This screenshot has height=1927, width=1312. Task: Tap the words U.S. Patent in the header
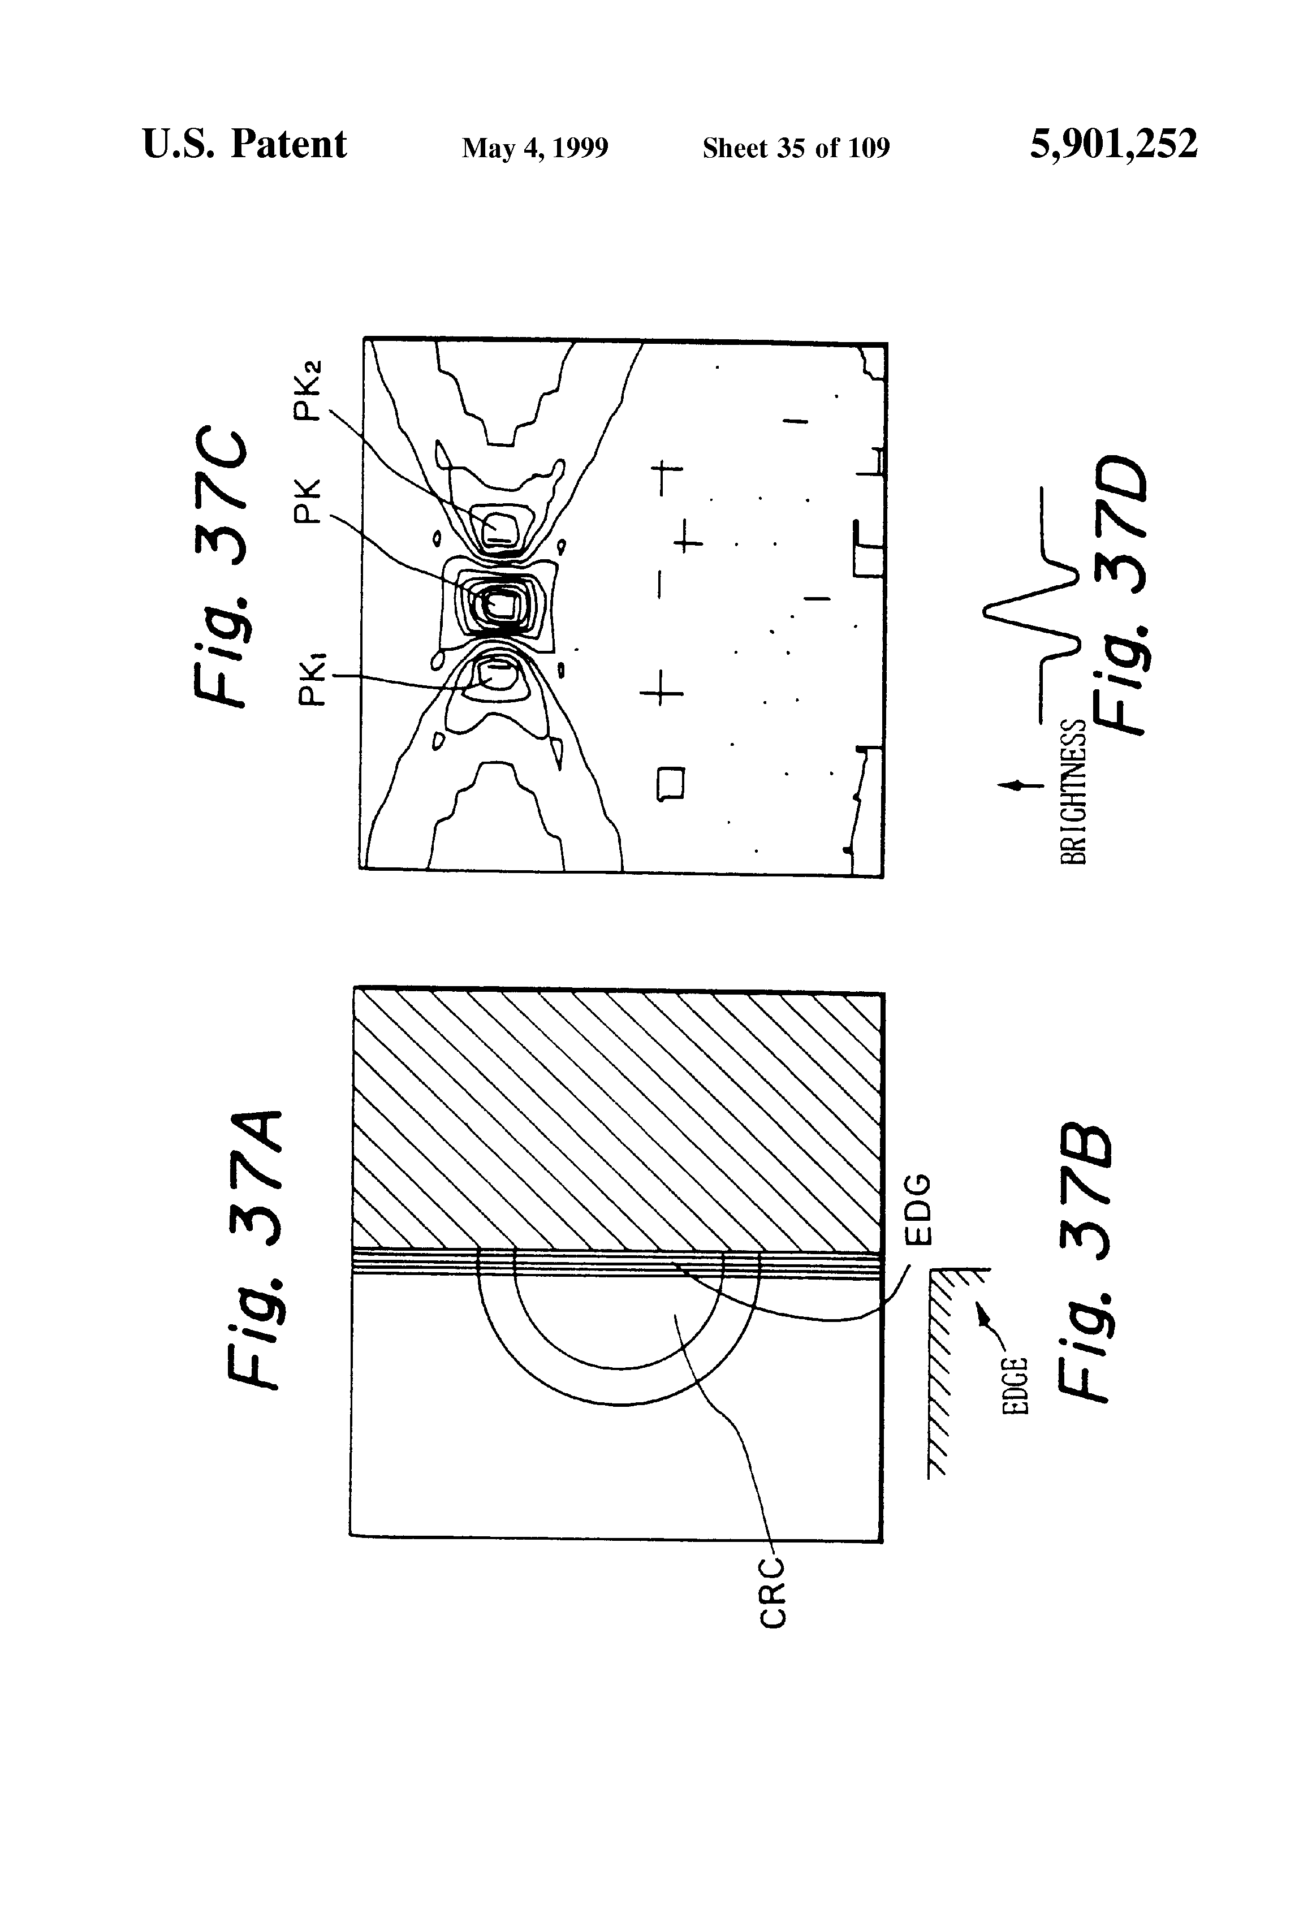(245, 144)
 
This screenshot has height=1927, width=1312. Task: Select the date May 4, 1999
(535, 148)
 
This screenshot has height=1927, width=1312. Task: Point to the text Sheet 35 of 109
(796, 148)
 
